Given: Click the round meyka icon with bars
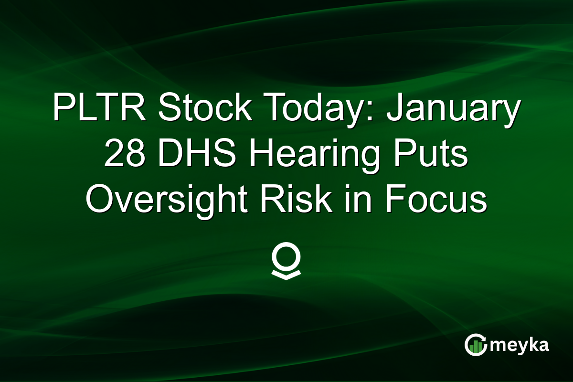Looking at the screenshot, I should pyautogui.click(x=476, y=345).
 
